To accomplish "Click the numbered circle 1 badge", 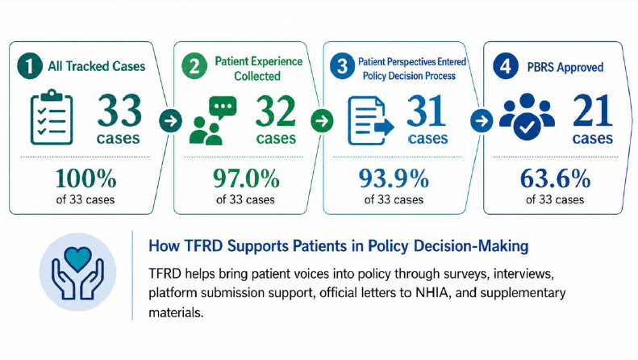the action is tap(30, 66).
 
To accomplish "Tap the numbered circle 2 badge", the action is tap(194, 66).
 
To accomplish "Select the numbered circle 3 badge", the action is tap(342, 66).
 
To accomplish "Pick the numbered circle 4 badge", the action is tap(506, 66).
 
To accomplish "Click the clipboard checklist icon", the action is tap(52, 117).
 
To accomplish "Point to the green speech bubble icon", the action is tap(223, 107).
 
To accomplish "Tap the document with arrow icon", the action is tap(371, 120).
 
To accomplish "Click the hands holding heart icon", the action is tap(77, 273).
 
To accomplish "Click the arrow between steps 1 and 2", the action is tap(170, 120).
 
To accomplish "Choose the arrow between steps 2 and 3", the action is tap(322, 120).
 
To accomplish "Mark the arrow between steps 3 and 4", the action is tap(482, 120).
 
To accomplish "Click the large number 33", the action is tap(119, 111).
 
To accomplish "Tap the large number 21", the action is tap(592, 111).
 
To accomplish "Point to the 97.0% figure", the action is tap(247, 178).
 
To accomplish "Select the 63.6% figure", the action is tap(556, 178).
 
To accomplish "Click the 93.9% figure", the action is tap(394, 178).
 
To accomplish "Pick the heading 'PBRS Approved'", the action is tap(565, 67).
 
